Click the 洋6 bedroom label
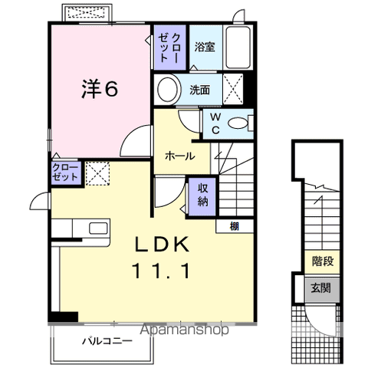tap(100, 89)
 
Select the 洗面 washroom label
tap(200, 89)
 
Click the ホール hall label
tap(179, 156)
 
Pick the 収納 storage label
tap(203, 195)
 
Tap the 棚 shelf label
tap(232, 225)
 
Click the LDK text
tap(163, 245)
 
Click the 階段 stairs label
tap(322, 261)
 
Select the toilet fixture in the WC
tap(242, 123)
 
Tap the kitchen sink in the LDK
tap(98, 228)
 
